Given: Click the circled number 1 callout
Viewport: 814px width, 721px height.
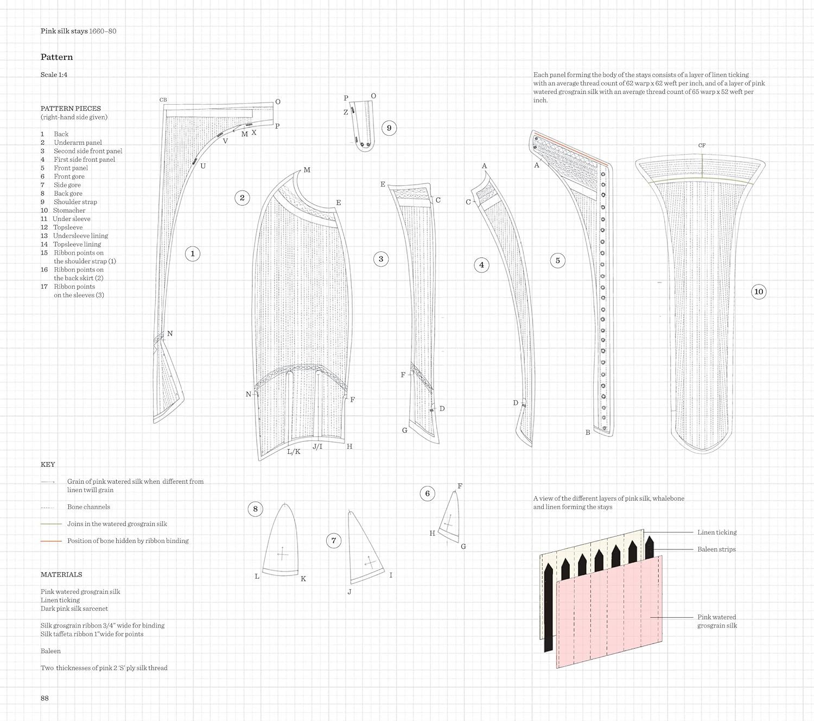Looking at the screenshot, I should pos(193,254).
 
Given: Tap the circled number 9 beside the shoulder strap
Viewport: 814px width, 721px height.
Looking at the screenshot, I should pos(389,128).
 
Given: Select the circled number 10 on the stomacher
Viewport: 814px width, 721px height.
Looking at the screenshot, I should pos(759,292).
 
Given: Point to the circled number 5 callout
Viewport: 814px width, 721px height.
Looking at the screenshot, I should pos(557,261).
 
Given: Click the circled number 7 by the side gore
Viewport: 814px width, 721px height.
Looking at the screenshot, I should pos(334,540).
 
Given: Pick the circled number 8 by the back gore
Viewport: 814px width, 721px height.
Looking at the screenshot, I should pos(256,509).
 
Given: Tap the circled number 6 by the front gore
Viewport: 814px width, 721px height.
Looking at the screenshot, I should pos(428,494).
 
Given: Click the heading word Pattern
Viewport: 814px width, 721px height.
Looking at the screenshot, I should pos(56,57).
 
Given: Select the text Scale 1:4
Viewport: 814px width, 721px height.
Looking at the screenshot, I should pos(54,75).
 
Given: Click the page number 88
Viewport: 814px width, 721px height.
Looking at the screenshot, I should pos(44,698).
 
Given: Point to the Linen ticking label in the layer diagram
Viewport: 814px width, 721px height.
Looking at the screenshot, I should pos(717,533).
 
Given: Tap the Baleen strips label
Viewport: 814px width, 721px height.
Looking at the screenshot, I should pos(716,549).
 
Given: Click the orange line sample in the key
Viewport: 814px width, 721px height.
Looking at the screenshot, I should pos(51,541).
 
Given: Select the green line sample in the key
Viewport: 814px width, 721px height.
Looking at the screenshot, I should pos(51,524).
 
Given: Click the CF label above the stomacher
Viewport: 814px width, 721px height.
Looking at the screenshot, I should pos(702,146).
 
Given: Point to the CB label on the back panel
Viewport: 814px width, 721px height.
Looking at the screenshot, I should pos(163,100).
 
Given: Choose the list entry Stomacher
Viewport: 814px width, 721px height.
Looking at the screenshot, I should pos(69,211).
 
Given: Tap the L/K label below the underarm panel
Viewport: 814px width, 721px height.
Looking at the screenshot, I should pos(294,452).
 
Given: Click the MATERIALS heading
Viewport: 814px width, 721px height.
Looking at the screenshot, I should pos(61,574).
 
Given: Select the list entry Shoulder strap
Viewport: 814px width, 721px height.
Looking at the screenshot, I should pos(75,202).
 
